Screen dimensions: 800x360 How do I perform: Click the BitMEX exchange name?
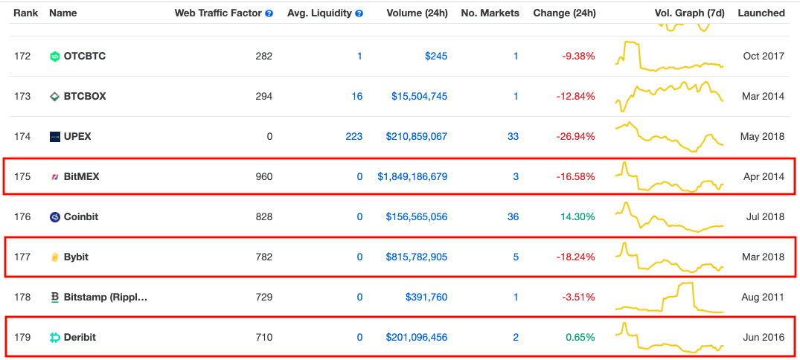(x=82, y=177)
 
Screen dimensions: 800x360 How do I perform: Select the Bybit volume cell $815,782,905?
(x=416, y=257)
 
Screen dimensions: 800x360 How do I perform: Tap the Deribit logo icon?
(x=55, y=338)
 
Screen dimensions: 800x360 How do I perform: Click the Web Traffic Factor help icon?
(x=269, y=14)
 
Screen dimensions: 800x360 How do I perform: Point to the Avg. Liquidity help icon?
(x=359, y=14)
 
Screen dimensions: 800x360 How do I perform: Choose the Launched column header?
(x=761, y=13)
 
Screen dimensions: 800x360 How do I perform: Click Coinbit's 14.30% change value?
(x=578, y=217)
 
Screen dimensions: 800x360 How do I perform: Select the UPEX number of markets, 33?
(x=513, y=137)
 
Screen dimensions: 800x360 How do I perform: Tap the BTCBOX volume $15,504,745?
(x=420, y=97)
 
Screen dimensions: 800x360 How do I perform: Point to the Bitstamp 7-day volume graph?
(x=669, y=297)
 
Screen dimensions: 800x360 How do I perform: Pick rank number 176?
(x=22, y=217)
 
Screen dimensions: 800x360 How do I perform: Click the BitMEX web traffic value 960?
(x=264, y=177)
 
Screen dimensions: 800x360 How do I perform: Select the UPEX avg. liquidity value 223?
(x=354, y=137)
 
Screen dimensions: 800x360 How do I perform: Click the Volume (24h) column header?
(x=417, y=13)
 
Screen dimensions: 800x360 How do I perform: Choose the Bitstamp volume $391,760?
(x=426, y=298)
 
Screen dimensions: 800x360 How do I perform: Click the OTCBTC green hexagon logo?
(x=55, y=56)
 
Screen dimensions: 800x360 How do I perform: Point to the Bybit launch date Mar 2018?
(x=764, y=257)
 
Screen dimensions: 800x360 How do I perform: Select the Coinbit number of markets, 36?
(x=513, y=217)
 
